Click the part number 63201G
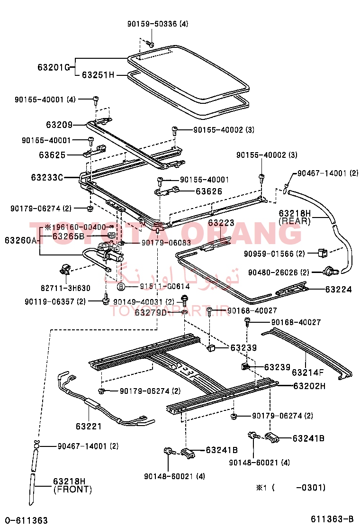[x=54, y=67]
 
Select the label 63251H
[x=98, y=74]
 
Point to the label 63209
[x=59, y=125]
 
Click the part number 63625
[x=52, y=154]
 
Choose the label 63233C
[x=47, y=177]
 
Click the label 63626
[x=209, y=191]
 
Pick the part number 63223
[x=221, y=223]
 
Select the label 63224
[x=338, y=289]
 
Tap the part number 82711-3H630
[x=66, y=288]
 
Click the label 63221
[x=89, y=426]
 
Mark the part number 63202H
[x=309, y=386]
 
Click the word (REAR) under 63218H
[x=294, y=221]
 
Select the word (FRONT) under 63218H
[x=72, y=489]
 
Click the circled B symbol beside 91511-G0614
[x=121, y=286]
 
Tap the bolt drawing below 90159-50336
[x=149, y=44]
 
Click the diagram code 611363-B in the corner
[x=332, y=518]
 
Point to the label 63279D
[x=151, y=312]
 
